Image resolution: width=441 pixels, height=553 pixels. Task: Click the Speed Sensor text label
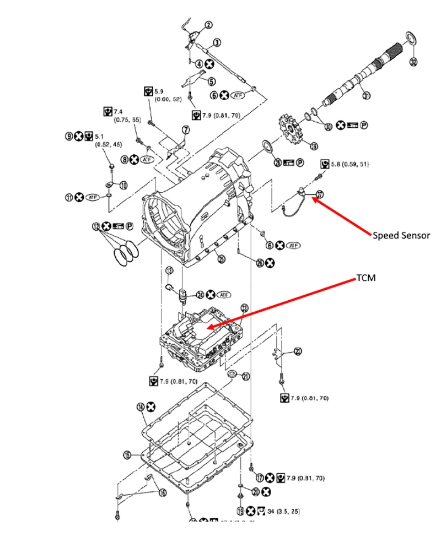(401, 235)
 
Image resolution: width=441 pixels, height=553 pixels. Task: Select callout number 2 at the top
(209, 25)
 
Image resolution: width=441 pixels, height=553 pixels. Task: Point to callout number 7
(185, 130)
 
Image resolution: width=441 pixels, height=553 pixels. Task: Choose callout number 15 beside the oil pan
(127, 455)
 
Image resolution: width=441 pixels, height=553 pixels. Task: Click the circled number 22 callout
(298, 351)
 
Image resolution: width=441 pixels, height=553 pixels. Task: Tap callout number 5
(212, 80)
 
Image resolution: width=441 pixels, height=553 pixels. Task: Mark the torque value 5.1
(100, 136)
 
